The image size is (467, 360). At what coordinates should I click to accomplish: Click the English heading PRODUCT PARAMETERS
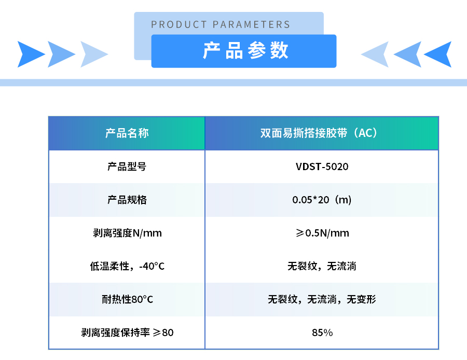221,24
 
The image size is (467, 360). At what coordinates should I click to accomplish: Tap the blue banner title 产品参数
245,50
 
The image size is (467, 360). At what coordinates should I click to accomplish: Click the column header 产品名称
127,133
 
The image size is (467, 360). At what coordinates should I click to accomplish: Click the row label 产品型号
127,167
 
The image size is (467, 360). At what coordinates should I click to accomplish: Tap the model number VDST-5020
322,167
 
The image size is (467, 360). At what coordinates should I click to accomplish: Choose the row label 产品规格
127,200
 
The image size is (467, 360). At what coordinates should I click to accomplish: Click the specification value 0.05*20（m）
322,200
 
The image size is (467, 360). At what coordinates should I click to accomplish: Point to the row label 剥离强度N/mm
127,233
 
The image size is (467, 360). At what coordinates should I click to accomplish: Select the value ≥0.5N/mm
322,233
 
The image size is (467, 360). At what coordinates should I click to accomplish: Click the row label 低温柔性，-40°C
127,266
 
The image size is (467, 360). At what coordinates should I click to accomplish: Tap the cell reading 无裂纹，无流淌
322,266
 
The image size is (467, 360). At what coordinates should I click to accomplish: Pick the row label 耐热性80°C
127,299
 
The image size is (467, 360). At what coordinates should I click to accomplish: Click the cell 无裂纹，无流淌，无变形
322,299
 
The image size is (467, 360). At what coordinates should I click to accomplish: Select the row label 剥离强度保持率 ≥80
127,333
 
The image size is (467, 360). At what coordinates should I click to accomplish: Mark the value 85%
322,333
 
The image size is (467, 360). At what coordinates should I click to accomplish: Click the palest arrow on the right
375,54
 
